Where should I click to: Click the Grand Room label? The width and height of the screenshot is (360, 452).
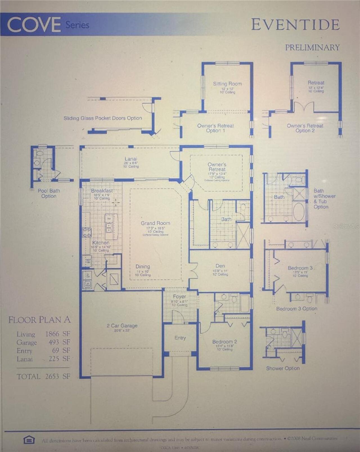[x=155, y=223]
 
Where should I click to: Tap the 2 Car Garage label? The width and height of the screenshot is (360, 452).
[x=122, y=325]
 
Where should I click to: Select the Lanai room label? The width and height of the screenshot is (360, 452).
[x=131, y=159]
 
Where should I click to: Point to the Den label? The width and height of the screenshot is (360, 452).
[x=220, y=266]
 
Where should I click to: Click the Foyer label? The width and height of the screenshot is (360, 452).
[x=179, y=296]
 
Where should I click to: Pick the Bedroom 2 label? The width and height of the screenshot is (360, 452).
[x=224, y=341]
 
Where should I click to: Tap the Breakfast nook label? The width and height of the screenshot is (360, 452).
[x=102, y=191]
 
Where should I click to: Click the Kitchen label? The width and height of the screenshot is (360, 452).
[x=101, y=242]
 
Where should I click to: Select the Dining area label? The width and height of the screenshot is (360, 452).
[x=143, y=266]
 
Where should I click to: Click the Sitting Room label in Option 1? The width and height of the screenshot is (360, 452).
[x=227, y=84]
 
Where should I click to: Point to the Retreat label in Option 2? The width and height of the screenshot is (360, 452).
[x=316, y=83]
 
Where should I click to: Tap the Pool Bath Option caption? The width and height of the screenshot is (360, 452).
[x=49, y=193]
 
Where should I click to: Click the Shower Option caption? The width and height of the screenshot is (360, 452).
[x=283, y=368]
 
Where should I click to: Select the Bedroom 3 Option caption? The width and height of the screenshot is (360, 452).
[x=296, y=309]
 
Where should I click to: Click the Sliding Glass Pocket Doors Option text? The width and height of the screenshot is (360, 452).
[x=103, y=118]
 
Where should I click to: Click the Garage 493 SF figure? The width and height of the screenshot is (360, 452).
[x=58, y=342]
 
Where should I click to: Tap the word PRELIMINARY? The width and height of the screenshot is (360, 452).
[x=312, y=48]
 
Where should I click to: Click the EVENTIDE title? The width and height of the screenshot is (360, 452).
[x=295, y=25]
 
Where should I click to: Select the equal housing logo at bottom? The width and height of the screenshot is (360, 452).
[x=29, y=440]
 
